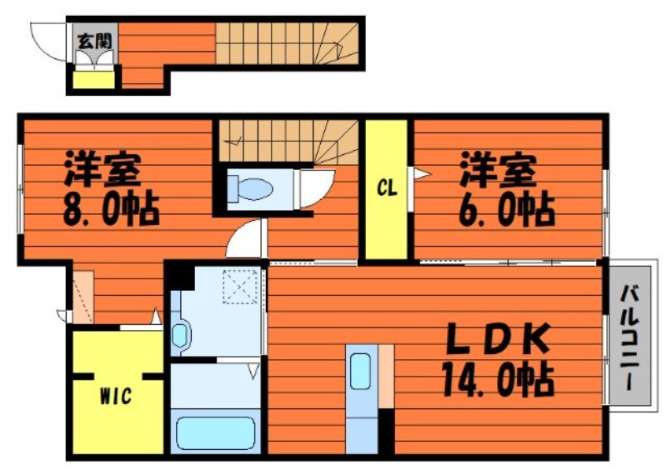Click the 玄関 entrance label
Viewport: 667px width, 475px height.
[94, 41]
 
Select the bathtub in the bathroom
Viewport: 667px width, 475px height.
[216, 432]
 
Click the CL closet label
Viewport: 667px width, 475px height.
[387, 188]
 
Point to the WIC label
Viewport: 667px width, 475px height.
[116, 397]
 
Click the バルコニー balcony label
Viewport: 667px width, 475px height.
[629, 337]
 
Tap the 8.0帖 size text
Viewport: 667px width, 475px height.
[112, 210]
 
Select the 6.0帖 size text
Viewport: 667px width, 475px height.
[507, 210]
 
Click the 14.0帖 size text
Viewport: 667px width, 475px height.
[498, 379]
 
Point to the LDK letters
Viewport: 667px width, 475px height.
[498, 339]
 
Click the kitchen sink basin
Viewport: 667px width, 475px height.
[361, 371]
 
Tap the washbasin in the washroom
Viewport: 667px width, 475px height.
[180, 335]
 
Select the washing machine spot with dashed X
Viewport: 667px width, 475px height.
[240, 287]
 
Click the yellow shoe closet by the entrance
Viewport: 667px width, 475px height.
[93, 80]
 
